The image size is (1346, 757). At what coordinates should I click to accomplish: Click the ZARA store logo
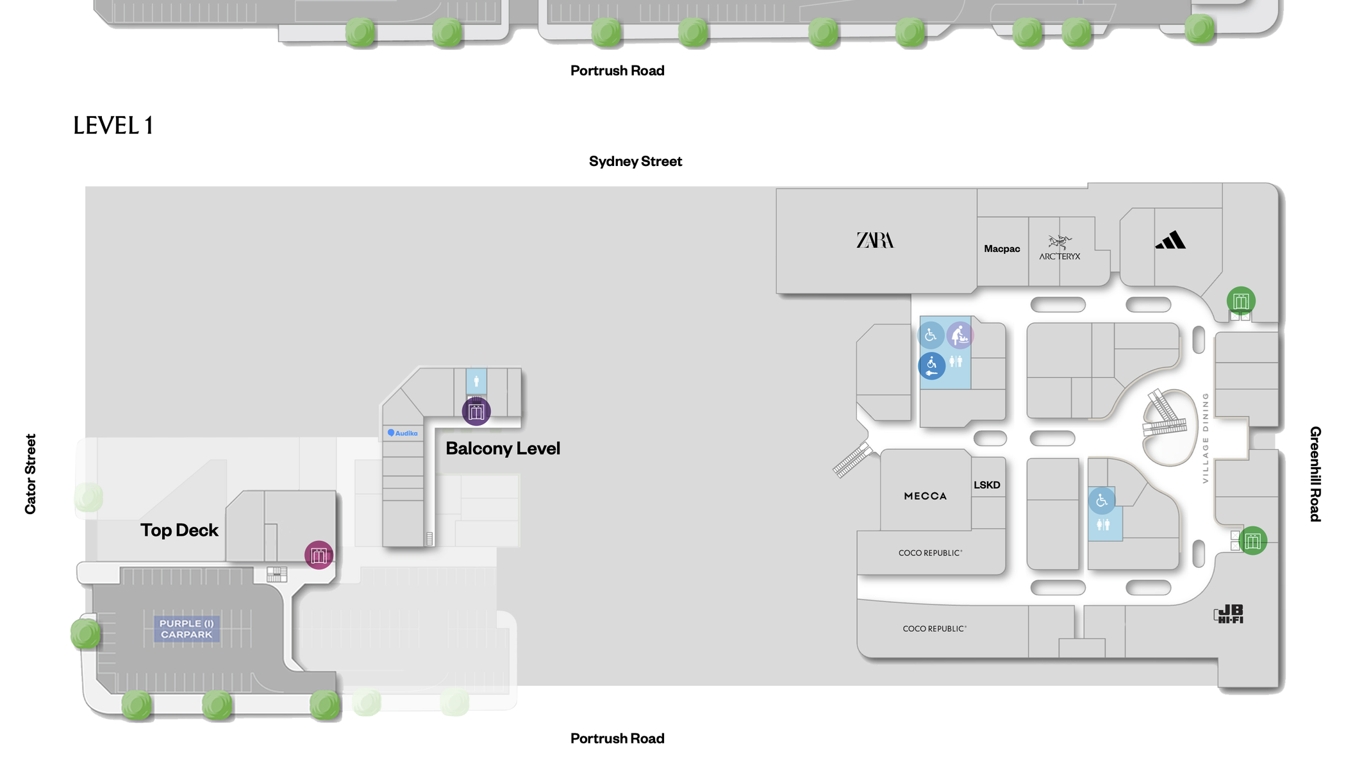875,240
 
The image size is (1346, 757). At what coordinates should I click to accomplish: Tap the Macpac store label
1002,249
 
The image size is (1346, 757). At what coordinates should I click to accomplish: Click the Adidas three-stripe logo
1170,240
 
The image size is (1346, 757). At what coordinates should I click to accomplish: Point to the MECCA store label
925,496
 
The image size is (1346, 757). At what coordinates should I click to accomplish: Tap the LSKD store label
986,485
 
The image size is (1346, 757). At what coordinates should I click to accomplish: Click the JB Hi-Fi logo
1229,614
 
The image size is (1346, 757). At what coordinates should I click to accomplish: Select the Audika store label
403,433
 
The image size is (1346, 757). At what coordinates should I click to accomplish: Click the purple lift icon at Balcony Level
476,411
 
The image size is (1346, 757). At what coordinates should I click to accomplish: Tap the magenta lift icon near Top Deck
319,555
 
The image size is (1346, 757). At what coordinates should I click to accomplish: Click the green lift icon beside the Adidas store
1241,301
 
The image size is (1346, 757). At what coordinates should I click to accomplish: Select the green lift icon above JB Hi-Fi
1252,540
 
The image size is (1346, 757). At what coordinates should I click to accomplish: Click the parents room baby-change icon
960,335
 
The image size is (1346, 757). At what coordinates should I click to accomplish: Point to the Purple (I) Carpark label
186,629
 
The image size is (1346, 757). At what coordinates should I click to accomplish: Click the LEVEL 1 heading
113,126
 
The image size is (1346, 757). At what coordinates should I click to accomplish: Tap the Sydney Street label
635,162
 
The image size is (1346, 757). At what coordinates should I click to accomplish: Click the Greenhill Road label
1315,474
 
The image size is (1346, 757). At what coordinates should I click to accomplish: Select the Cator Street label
30,474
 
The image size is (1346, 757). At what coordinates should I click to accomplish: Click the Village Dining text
1205,438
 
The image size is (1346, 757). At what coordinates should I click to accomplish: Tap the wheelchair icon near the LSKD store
1101,501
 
